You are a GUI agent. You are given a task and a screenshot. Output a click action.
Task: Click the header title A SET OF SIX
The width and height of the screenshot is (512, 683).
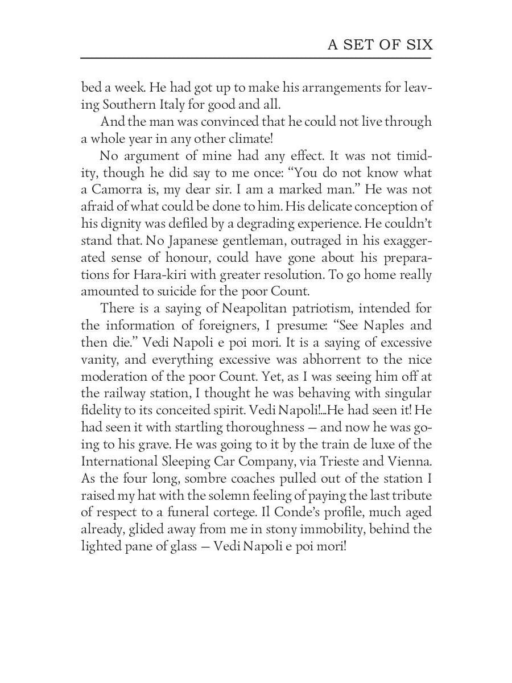(379, 45)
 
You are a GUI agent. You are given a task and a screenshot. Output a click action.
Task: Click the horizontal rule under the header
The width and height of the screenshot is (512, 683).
(256, 57)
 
